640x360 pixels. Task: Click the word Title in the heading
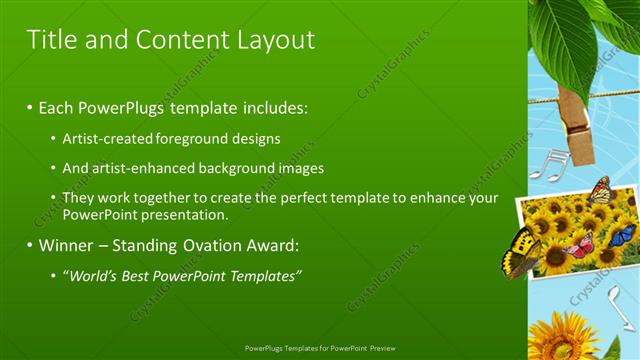coord(50,40)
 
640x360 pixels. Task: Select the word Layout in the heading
coord(273,40)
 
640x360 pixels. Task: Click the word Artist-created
coord(108,138)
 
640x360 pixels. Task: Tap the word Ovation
coord(219,245)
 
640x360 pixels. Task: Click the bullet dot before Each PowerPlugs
coord(30,107)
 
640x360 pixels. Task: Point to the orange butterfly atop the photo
coord(601,189)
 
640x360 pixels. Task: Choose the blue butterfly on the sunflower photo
coord(621,235)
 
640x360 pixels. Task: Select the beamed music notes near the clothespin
coord(547,165)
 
